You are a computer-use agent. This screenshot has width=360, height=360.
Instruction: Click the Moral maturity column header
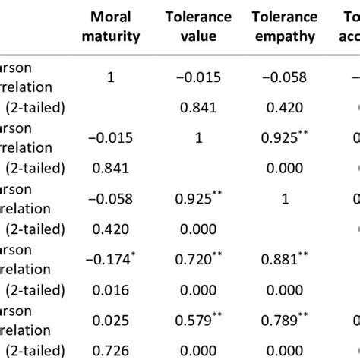115,27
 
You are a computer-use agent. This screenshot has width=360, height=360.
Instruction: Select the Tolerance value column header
202,27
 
